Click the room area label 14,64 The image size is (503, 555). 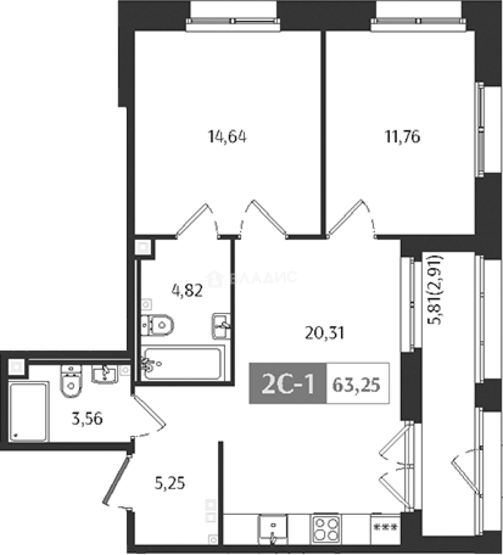(227, 137)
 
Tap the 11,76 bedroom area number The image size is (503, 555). (403, 136)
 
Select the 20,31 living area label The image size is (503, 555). (325, 333)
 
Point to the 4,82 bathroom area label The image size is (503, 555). (187, 290)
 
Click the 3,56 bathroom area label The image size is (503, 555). (87, 419)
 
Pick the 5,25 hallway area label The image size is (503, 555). (170, 483)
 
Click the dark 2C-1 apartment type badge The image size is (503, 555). (288, 384)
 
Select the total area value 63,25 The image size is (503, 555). (356, 385)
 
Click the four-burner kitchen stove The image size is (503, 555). (326, 528)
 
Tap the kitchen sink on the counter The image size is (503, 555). (273, 529)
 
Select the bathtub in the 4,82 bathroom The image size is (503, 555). (183, 364)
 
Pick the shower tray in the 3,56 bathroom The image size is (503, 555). (28, 411)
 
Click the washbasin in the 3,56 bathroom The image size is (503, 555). (104, 375)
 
